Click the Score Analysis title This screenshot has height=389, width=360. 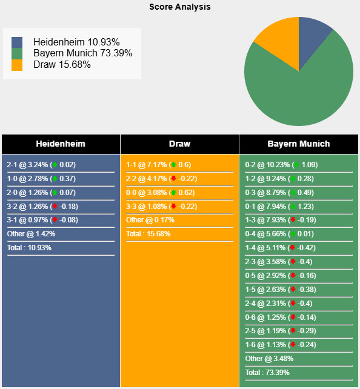(180, 7)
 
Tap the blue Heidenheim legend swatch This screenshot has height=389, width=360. (17, 43)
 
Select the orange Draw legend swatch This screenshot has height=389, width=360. (17, 65)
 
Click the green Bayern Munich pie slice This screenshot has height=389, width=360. (303, 91)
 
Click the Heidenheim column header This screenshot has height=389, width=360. (61, 144)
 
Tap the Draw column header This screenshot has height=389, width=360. (179, 144)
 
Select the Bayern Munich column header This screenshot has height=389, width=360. (299, 144)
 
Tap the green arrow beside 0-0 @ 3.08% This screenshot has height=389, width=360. (173, 193)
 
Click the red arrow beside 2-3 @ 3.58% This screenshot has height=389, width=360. (293, 262)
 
